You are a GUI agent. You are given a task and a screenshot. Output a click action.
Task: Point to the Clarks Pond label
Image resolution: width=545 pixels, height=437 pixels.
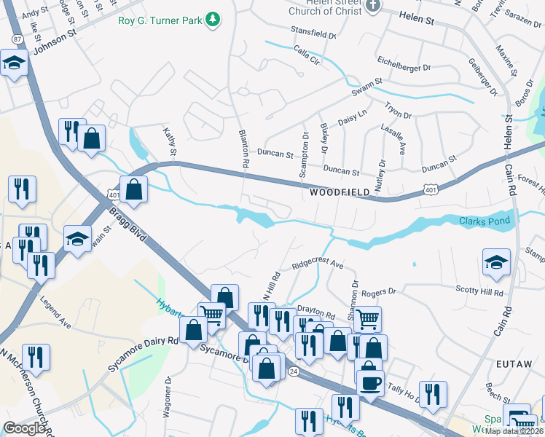point(485,221)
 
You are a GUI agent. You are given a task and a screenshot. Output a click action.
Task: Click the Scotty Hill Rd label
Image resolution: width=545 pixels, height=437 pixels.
point(479,292)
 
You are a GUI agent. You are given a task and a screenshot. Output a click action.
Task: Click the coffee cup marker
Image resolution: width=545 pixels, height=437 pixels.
point(369,382)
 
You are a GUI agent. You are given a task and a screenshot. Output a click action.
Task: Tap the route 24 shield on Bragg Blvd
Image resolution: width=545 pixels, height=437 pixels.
point(293,371)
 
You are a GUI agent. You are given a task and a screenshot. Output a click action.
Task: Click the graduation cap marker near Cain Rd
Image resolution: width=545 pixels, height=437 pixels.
point(496,263)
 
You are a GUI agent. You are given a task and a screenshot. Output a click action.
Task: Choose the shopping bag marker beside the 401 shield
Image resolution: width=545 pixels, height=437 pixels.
point(135,189)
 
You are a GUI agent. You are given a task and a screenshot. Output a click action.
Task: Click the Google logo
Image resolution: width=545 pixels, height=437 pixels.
point(25,428)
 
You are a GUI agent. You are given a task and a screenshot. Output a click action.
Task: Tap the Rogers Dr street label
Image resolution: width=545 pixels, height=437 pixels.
point(379,291)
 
